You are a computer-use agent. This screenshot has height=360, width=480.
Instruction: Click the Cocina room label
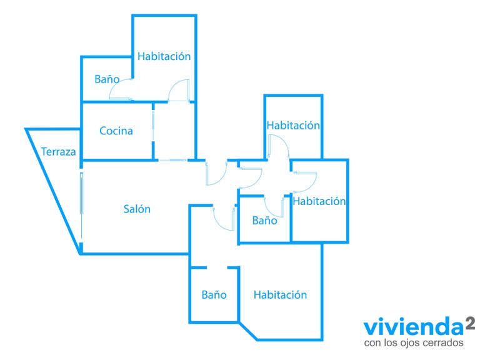pyautogui.click(x=116, y=131)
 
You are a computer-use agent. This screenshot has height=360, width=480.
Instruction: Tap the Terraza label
pyautogui.click(x=59, y=152)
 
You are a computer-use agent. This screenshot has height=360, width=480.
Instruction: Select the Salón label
pyautogui.click(x=137, y=209)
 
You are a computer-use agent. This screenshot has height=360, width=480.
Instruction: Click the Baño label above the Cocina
pyautogui.click(x=107, y=79)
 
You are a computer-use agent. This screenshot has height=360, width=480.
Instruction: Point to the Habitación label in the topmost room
pyautogui.click(x=164, y=56)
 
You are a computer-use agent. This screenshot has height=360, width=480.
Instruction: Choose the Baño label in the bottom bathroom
pyautogui.click(x=214, y=295)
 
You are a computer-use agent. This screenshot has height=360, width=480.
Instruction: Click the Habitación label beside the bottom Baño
pyautogui.click(x=280, y=295)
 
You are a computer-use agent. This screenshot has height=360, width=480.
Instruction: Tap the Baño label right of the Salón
pyautogui.click(x=264, y=221)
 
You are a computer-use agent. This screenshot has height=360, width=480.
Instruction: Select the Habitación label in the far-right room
pyautogui.click(x=319, y=201)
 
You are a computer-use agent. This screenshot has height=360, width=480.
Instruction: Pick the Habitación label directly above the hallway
pyautogui.click(x=293, y=125)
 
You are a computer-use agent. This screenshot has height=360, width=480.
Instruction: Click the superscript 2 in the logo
pyautogui.click(x=470, y=323)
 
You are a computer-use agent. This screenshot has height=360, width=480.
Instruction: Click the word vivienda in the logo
pyautogui.click(x=414, y=327)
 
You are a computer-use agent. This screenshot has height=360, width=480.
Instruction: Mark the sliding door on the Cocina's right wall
pyautogui.click(x=153, y=126)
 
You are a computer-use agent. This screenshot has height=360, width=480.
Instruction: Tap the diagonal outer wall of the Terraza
pyautogui.click(x=53, y=191)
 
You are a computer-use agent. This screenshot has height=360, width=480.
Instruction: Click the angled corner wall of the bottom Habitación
pyautogui.click(x=248, y=331)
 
